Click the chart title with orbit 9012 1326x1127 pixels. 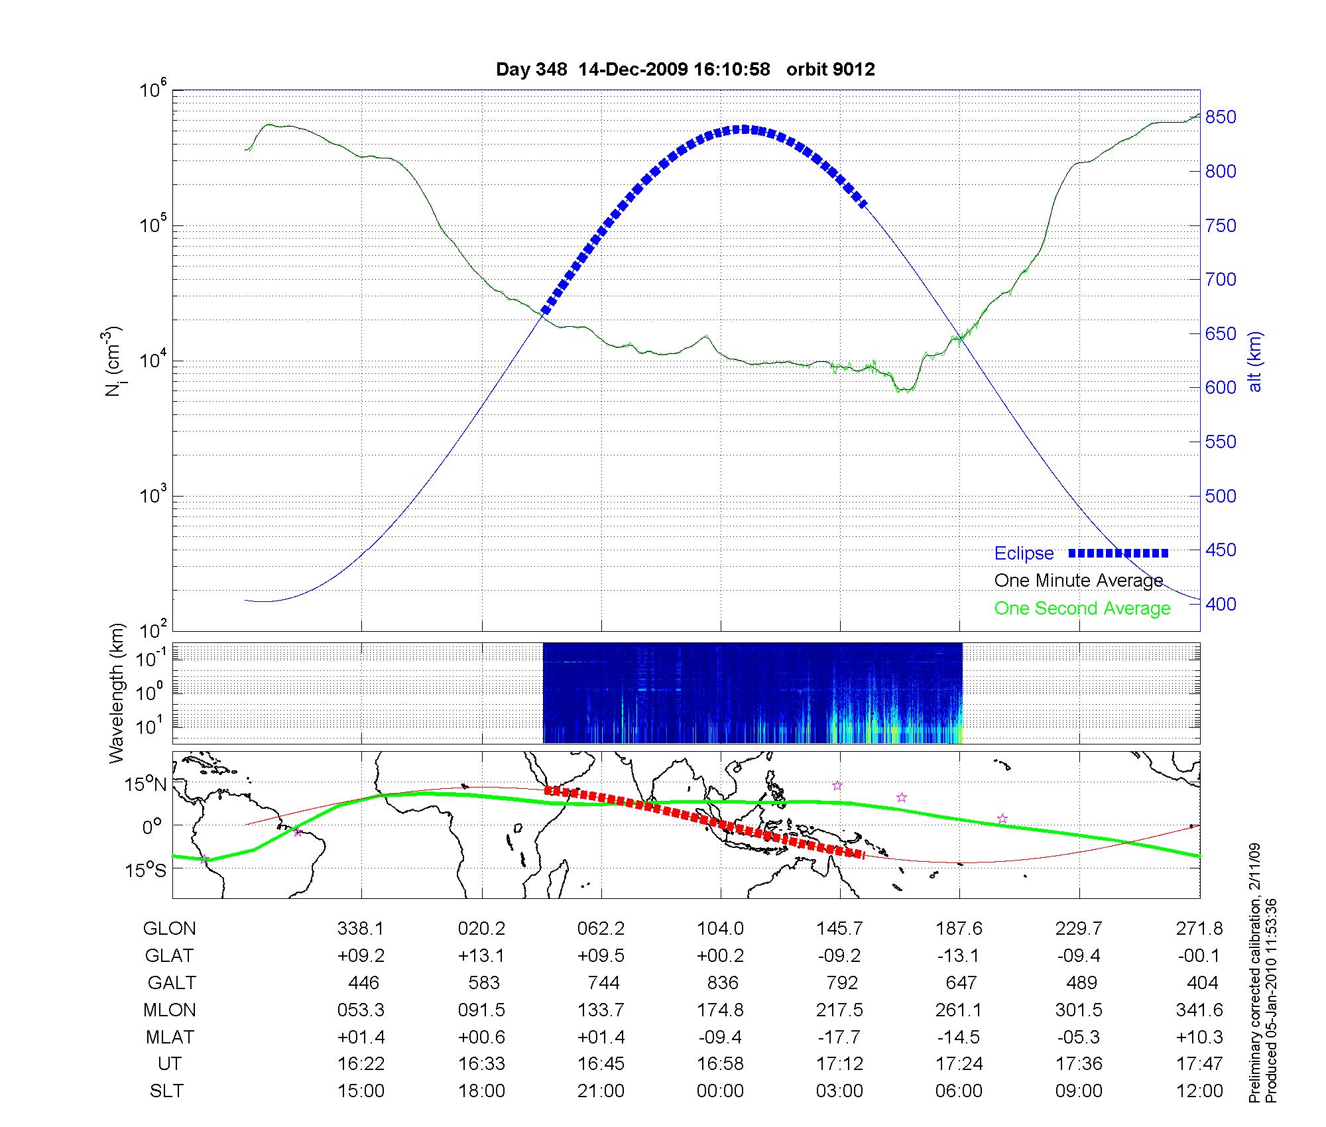point(685,70)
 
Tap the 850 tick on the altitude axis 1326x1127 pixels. point(1221,117)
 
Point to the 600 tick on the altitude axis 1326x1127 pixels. point(1221,388)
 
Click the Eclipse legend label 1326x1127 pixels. point(1024,554)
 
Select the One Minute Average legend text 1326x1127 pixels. point(1079,581)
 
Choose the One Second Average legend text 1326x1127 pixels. point(1082,609)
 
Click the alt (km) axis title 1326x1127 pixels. point(1255,361)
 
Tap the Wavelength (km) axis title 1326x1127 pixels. point(117,693)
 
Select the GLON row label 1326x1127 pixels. point(170,929)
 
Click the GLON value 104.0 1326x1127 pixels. point(721,929)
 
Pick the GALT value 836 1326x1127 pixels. point(723,982)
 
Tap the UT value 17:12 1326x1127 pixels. point(840,1064)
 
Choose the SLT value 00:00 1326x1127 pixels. point(721,1091)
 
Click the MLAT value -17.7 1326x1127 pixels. point(840,1037)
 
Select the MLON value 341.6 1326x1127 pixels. point(1199,1010)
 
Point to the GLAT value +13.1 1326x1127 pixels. point(481,955)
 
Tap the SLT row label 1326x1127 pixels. point(166,1091)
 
